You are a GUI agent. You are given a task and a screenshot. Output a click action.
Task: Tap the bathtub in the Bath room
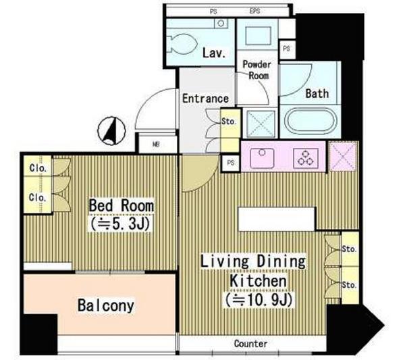(x=310, y=121)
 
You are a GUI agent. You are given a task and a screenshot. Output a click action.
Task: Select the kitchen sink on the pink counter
(x=262, y=156)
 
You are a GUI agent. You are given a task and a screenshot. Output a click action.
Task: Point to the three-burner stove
(x=306, y=158)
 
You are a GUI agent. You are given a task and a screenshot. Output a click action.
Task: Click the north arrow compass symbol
(x=111, y=130)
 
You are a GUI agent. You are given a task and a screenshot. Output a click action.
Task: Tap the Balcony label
(x=106, y=305)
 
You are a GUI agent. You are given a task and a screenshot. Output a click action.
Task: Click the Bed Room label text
(x=121, y=206)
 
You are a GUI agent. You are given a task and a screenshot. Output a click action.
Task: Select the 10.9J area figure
(x=259, y=300)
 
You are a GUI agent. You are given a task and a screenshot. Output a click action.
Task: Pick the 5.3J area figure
(x=120, y=224)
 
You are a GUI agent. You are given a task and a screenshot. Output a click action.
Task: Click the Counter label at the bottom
(x=250, y=344)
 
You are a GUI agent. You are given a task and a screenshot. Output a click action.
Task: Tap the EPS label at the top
(x=254, y=11)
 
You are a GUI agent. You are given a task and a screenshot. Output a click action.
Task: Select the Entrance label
(x=206, y=99)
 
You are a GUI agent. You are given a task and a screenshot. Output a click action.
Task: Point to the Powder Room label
(x=257, y=70)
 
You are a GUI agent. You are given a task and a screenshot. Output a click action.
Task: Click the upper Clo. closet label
(x=38, y=168)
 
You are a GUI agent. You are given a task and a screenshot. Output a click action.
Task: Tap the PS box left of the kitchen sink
(x=231, y=163)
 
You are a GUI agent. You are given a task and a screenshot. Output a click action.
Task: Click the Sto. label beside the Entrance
(x=229, y=121)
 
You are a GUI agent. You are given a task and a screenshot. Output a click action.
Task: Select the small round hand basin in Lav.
(x=221, y=24)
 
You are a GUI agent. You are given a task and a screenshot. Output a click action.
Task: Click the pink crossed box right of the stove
(x=343, y=156)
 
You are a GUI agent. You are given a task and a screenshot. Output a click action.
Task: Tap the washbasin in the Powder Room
(x=258, y=35)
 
